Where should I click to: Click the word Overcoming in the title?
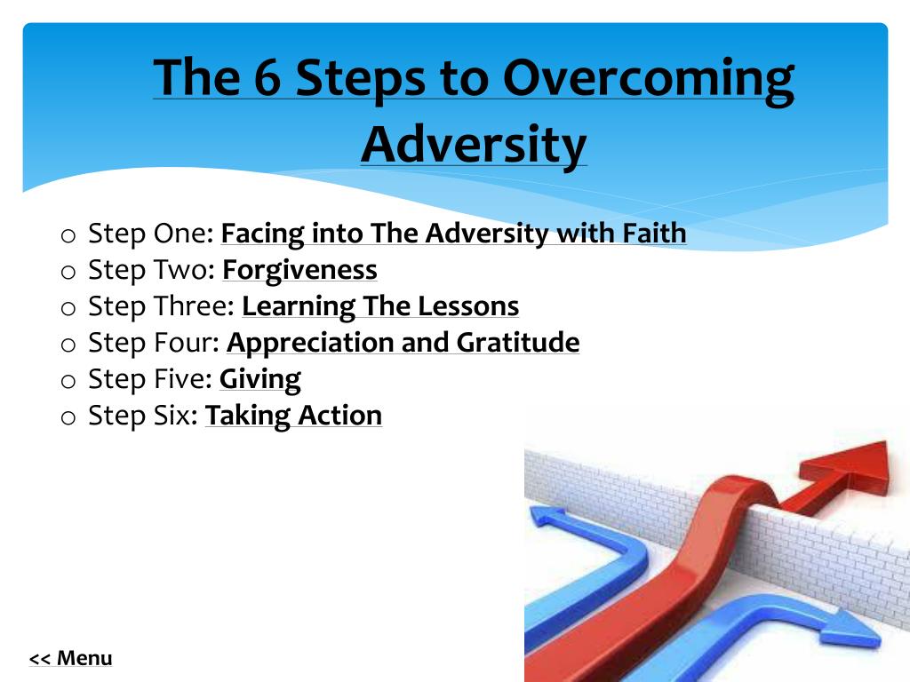(x=648, y=77)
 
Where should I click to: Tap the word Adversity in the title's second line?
(x=474, y=144)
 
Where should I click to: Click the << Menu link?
(x=71, y=659)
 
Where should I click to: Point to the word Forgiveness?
(x=299, y=270)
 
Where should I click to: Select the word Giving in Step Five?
(x=260, y=379)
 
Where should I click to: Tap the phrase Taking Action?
(x=293, y=416)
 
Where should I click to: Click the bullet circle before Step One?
(x=69, y=236)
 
